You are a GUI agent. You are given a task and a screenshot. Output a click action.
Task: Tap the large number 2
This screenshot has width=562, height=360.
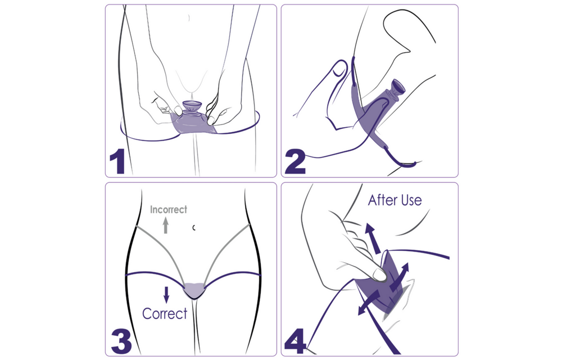click(x=295, y=160)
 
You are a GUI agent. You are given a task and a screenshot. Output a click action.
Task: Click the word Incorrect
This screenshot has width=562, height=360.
click(x=169, y=210)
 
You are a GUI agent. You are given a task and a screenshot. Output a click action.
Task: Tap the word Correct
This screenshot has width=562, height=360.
click(x=165, y=313)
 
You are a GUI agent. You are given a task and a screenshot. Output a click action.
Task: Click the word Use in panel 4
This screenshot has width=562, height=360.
click(x=411, y=200)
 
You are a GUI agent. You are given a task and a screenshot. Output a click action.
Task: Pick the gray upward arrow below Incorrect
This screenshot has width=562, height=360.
click(x=166, y=226)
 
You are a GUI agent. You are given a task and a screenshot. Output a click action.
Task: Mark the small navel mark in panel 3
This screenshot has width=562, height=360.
click(x=194, y=227)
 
